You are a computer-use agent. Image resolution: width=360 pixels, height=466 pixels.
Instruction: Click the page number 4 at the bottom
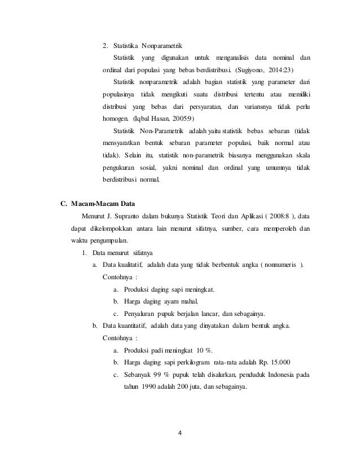[x=181, y=434]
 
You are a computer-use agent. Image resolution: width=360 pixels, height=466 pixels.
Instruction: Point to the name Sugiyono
[x=257, y=71]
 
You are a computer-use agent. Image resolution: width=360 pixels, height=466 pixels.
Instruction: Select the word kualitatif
[x=131, y=265]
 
